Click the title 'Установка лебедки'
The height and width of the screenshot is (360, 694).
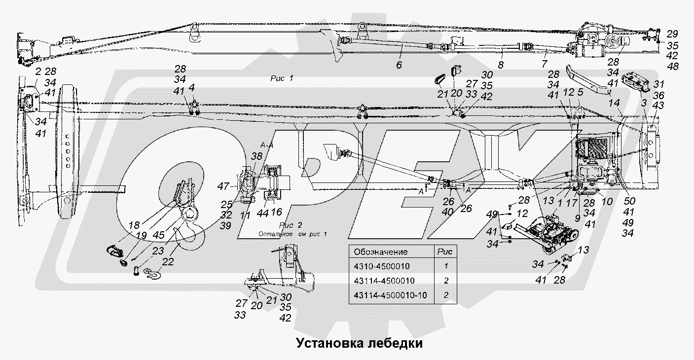point(359,343)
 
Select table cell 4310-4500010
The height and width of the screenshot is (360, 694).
point(382,266)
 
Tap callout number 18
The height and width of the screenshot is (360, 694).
point(133,225)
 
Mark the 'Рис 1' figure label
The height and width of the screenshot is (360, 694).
point(282,78)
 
